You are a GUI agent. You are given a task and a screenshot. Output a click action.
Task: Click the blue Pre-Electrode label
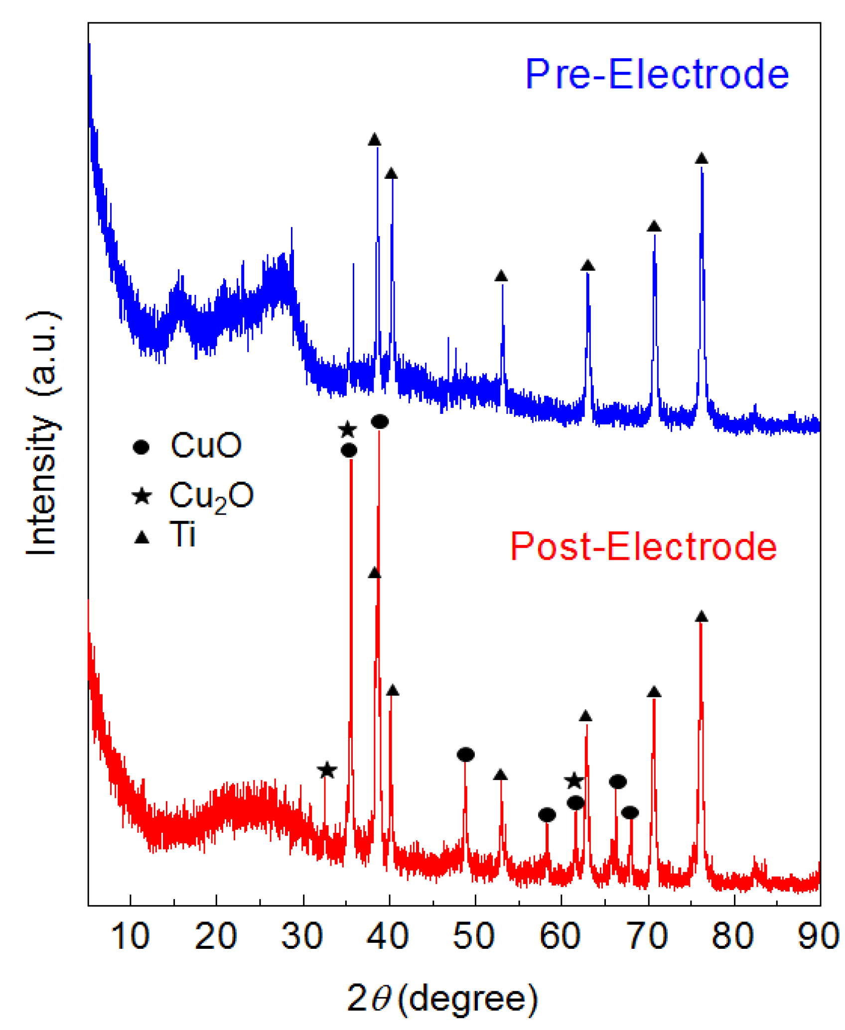click(657, 75)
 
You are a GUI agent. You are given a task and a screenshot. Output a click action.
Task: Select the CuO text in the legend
click(206, 445)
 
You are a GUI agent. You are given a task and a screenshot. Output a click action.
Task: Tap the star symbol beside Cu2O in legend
click(142, 496)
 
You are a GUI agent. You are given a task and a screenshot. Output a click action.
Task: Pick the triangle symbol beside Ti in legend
click(142, 537)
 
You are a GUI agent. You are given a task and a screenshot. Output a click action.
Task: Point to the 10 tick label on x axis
click(130, 936)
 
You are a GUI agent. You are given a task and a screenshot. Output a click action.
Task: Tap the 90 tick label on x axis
click(817, 936)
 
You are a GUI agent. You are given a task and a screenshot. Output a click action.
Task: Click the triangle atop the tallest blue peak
click(375, 140)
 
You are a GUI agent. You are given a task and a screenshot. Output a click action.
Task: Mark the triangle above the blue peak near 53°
click(501, 276)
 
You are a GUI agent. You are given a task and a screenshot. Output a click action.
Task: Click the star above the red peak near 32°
click(327, 771)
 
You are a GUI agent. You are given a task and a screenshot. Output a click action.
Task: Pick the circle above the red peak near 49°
click(465, 755)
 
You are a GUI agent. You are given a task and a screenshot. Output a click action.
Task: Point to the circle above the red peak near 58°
click(547, 815)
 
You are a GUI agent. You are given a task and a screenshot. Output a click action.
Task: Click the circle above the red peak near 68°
click(630, 813)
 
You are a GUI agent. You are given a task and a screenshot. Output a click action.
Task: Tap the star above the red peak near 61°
click(574, 781)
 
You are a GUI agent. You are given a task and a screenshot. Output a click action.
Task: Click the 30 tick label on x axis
click(302, 936)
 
